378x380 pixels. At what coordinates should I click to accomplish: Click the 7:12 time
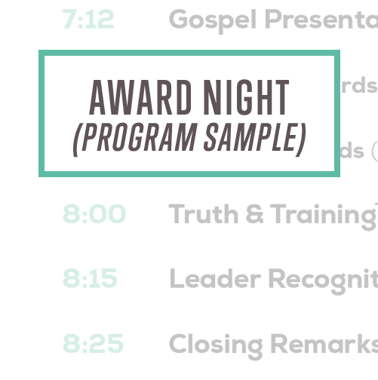pyautogui.click(x=88, y=20)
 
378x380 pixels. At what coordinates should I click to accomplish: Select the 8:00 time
pyautogui.click(x=94, y=214)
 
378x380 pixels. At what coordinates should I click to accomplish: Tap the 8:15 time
pyautogui.click(x=91, y=279)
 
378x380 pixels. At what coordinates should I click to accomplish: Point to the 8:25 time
pyautogui.click(x=93, y=344)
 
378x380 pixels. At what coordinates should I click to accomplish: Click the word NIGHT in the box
pyautogui.click(x=246, y=97)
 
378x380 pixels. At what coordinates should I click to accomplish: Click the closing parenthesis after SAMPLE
pyautogui.click(x=301, y=139)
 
